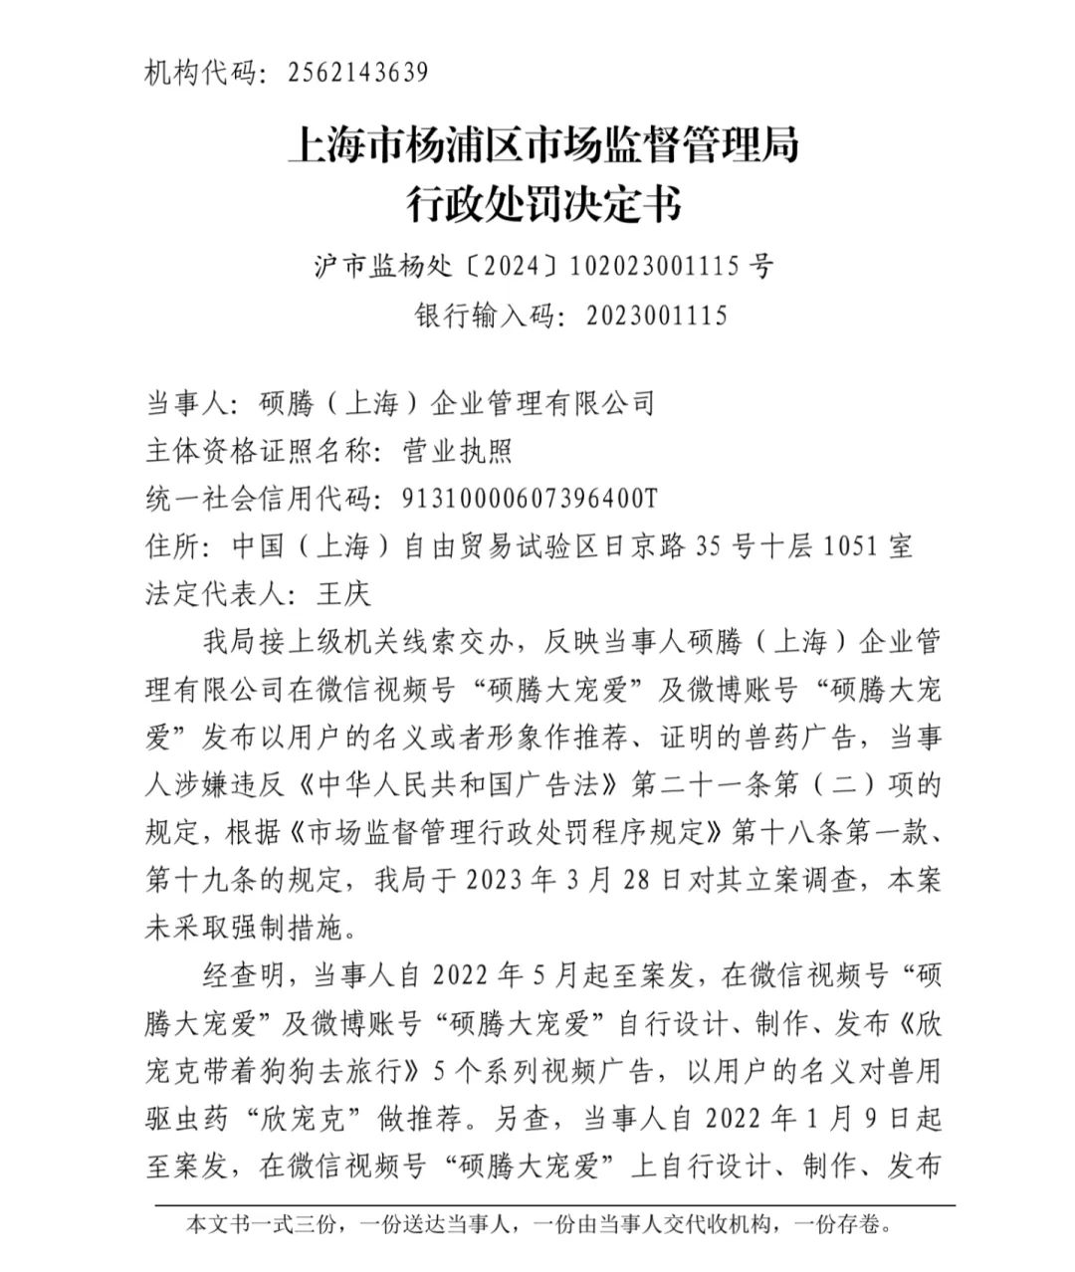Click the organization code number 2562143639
tap(358, 73)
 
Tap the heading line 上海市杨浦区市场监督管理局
tap(542, 146)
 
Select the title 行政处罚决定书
tap(542, 204)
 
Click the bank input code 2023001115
tap(657, 316)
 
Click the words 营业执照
tap(457, 451)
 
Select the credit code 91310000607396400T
tap(529, 499)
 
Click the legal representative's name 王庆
tap(342, 594)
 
